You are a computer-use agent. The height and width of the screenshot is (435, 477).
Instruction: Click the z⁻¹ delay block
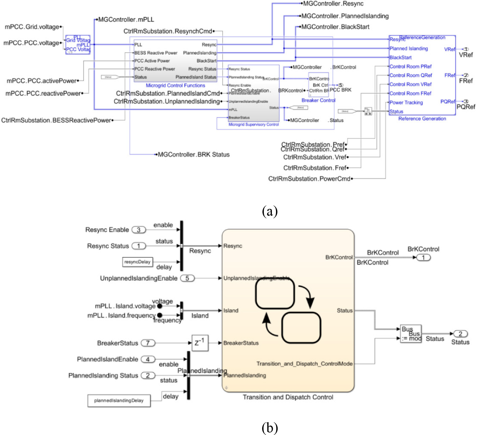200,342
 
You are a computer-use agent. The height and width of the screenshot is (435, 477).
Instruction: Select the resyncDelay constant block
137,262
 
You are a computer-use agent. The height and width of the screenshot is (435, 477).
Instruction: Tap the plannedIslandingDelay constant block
119,401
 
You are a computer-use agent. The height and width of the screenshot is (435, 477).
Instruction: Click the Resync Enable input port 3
139,230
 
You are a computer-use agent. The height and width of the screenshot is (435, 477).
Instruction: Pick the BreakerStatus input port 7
148,343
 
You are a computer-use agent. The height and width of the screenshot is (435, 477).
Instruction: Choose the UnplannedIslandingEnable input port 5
187,278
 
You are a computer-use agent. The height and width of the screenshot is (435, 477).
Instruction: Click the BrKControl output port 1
423,257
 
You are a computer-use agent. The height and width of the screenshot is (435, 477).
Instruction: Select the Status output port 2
460,334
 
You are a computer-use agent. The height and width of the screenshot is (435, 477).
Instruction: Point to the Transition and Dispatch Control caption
288,397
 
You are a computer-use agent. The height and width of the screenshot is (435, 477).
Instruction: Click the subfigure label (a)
270,211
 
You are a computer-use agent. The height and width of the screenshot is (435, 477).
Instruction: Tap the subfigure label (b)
270,428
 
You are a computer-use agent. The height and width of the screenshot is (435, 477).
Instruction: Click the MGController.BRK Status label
193,155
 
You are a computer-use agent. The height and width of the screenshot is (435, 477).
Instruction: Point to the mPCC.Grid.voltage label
32,27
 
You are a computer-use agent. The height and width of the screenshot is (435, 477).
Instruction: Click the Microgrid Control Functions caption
175,86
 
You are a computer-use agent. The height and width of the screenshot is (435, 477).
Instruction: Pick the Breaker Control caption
318,100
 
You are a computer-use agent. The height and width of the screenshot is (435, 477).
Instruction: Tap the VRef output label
466,55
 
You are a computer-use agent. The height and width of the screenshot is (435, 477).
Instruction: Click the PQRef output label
466,107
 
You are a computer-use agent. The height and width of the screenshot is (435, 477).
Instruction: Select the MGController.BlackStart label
335,27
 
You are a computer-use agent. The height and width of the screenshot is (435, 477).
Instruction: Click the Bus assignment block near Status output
411,334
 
